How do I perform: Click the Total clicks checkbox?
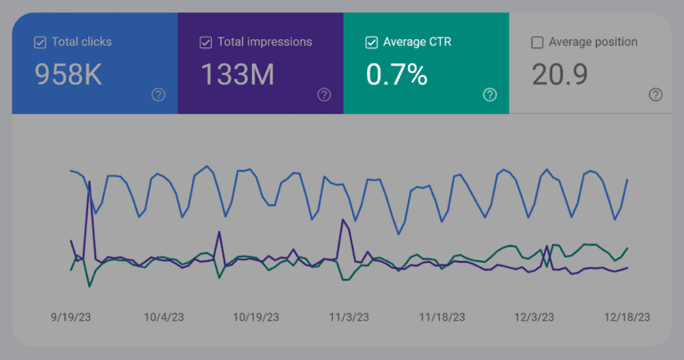coord(40,42)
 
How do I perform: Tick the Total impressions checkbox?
coord(206,42)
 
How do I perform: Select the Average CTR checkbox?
coord(371,42)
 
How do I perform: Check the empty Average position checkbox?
coord(537,42)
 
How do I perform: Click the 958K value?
coord(68,76)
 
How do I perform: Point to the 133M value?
coord(237,76)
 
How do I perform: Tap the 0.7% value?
coord(396,76)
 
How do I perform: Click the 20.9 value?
coord(559,76)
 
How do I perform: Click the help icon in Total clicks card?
coord(159,94)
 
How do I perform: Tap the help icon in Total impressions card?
coord(324,94)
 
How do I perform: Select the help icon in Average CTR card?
coord(490,94)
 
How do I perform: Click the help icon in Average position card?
coord(655,94)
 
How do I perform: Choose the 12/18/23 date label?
coord(626,316)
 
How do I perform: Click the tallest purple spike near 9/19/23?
coord(89,183)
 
